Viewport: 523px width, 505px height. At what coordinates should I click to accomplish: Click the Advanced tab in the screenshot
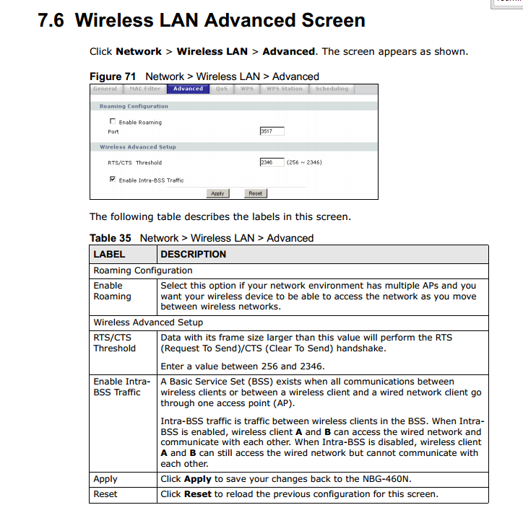point(188,89)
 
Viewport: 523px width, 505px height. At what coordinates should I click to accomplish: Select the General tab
point(105,89)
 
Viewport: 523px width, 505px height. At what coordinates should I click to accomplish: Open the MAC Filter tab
point(145,89)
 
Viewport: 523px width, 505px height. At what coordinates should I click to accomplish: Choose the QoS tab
point(222,89)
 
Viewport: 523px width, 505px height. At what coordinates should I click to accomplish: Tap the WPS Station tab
point(284,89)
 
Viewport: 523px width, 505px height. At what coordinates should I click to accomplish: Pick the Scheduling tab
point(332,89)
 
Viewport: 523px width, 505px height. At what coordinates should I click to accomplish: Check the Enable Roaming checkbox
point(113,122)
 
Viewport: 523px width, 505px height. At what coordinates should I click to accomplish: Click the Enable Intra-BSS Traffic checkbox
point(113,180)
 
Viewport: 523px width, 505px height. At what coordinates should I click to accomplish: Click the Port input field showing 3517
point(271,131)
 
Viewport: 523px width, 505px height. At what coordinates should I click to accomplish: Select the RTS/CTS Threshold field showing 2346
point(271,162)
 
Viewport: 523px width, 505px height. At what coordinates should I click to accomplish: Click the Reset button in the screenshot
point(255,193)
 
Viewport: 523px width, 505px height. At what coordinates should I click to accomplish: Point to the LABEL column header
point(109,254)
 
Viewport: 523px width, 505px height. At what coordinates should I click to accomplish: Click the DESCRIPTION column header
point(193,254)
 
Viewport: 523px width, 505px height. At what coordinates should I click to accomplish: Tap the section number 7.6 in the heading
point(51,20)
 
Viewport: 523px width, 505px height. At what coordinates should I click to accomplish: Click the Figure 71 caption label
point(114,76)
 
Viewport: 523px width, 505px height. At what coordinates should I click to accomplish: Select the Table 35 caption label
point(111,238)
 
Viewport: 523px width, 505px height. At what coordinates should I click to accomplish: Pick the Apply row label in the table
point(105,479)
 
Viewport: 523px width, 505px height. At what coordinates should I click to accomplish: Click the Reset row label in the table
point(105,494)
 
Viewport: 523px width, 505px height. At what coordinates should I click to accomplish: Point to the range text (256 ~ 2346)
point(304,162)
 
